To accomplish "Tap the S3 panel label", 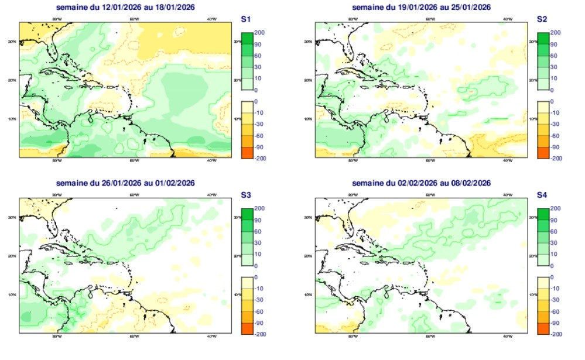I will (246, 195).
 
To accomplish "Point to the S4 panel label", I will (542, 195).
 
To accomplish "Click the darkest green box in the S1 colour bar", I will (246, 39).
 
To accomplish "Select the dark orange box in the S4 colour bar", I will (542, 328).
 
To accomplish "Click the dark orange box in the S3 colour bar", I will (246, 328).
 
